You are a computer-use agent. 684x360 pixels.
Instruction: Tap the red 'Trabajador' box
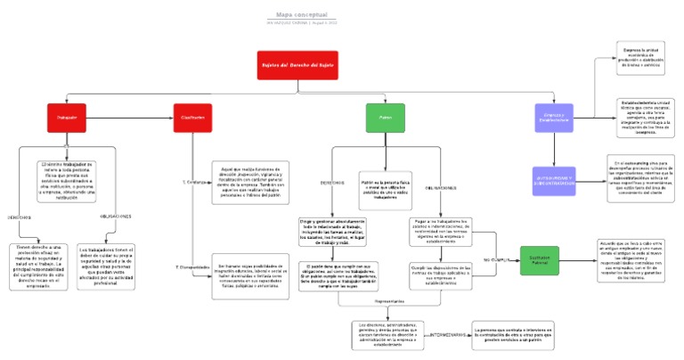[68, 118]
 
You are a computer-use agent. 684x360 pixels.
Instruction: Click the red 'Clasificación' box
[192, 118]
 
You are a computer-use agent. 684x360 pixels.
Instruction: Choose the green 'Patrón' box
[386, 118]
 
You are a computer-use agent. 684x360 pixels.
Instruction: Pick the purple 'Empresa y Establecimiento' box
[552, 118]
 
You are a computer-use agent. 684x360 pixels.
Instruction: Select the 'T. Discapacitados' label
[191, 266]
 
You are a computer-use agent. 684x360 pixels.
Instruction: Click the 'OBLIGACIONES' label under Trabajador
[114, 216]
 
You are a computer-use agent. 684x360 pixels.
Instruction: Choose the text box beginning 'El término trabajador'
[68, 181]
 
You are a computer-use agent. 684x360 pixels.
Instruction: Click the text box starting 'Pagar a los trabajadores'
[440, 231]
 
